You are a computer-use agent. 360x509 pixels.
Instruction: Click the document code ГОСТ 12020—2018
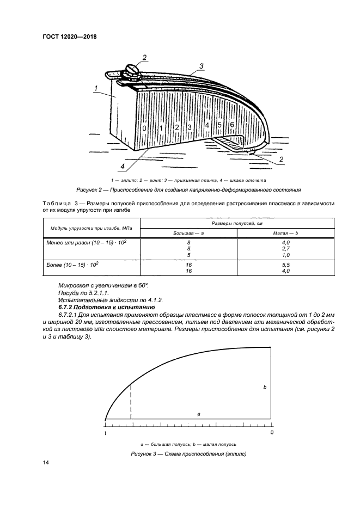[73, 37]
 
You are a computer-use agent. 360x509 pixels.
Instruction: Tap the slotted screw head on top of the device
[133, 69]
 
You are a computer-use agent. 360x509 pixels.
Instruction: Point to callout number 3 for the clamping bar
[201, 66]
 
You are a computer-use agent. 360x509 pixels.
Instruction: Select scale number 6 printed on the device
[231, 125]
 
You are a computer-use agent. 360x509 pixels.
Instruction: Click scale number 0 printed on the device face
[144, 128]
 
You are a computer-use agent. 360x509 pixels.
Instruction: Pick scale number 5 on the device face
[219, 125]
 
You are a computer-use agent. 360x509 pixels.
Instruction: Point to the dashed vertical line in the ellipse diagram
[131, 402]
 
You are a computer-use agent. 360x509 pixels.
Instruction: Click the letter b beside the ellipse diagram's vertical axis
[265, 387]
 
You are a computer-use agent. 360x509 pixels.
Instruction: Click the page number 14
[46, 463]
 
